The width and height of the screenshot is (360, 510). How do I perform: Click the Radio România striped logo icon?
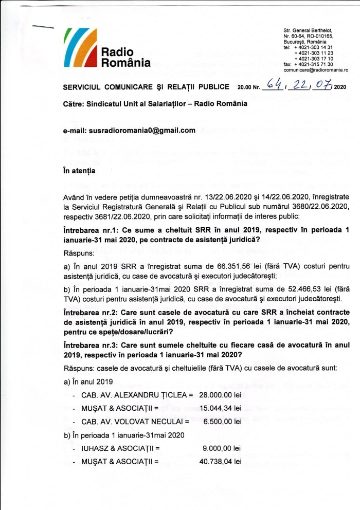click(x=80, y=46)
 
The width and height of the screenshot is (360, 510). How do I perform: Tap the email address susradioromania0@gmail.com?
click(x=142, y=131)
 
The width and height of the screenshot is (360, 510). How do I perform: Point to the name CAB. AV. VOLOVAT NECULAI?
click(x=132, y=421)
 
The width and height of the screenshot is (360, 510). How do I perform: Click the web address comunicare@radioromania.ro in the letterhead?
click(x=316, y=69)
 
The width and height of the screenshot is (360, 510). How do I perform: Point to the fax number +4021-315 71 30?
click(x=313, y=64)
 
